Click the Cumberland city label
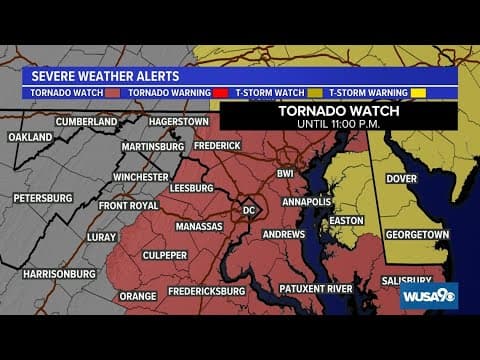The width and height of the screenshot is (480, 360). click(87, 122)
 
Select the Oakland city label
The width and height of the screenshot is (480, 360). click(31, 137)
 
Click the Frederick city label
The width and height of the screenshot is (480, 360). click(217, 146)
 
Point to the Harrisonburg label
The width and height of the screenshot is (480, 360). click(59, 273)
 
